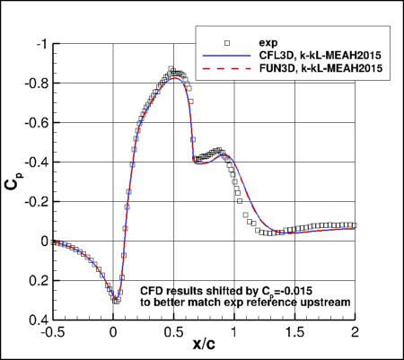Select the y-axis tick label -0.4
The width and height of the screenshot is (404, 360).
(x=37, y=162)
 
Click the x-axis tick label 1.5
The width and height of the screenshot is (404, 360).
(x=294, y=330)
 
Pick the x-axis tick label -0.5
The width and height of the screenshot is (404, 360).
(x=50, y=330)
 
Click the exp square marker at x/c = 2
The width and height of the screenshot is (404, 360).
(x=354, y=225)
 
